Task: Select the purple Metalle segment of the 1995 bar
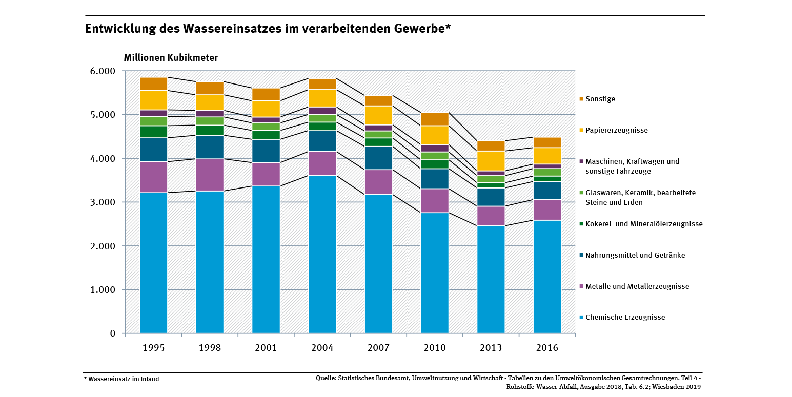coord(153,177)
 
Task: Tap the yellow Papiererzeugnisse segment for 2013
coord(491,161)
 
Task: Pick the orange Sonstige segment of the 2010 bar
coord(434,119)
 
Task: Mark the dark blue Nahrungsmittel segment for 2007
coord(378,158)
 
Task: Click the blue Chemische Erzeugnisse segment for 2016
coord(547,277)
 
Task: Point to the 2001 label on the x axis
coord(266,348)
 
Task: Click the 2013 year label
coord(491,348)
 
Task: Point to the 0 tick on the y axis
coord(112,333)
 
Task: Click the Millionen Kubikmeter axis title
coord(171,58)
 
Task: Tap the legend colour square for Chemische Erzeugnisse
coord(581,318)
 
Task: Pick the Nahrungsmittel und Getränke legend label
coord(635,255)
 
